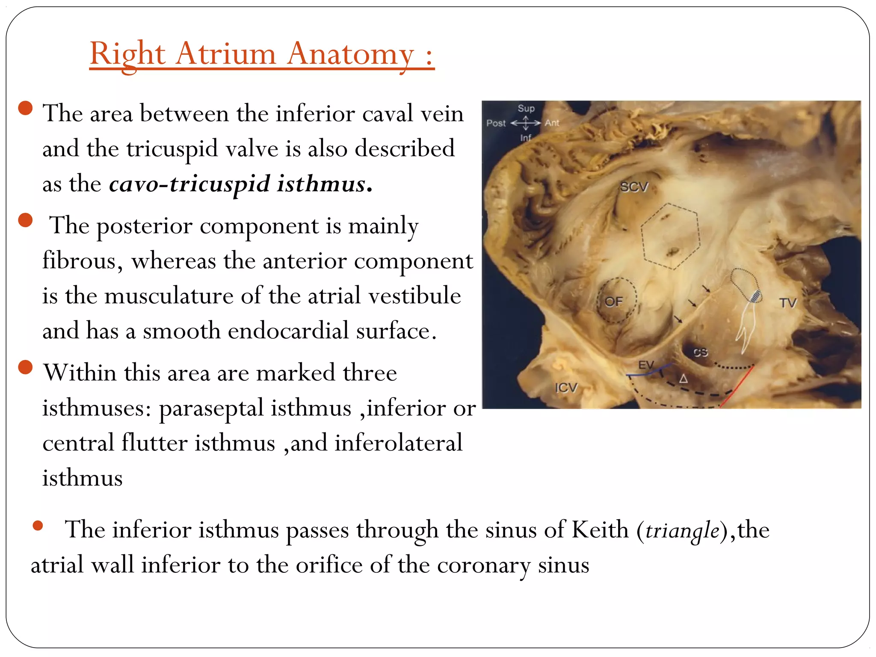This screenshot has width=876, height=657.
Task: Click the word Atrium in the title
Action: coord(226,54)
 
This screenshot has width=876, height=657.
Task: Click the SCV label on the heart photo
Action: coord(634,187)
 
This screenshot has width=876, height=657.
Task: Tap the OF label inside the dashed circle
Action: coord(613,302)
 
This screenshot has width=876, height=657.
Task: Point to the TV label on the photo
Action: coord(788,303)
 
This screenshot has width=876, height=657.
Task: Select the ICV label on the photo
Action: coord(566,388)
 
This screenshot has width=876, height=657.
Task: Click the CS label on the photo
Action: coord(701,352)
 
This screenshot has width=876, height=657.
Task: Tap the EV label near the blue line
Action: coord(646,365)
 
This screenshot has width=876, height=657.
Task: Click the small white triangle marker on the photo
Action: coord(684,379)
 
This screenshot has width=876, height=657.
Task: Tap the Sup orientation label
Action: coord(526,109)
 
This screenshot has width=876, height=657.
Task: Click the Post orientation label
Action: coord(496,124)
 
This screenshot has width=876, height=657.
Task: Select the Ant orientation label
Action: coord(552,123)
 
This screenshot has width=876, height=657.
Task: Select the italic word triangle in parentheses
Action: coord(682,531)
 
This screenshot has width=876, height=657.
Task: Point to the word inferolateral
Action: coord(398,443)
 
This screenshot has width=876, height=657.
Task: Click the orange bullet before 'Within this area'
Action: coord(26,367)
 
